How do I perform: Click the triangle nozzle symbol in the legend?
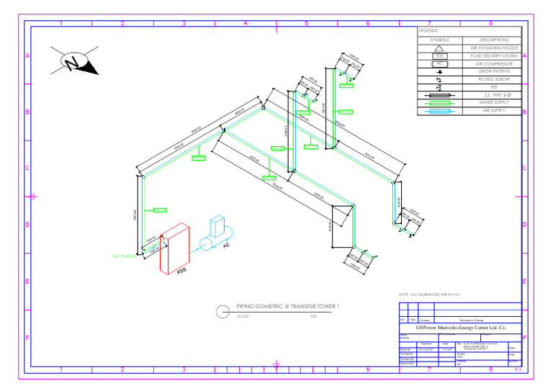click(440, 48)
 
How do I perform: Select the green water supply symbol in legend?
click(440, 102)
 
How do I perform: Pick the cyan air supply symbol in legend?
click(440, 111)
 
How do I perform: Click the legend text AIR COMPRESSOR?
click(493, 63)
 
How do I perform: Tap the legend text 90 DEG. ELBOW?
click(493, 79)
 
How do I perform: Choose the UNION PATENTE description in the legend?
click(493, 71)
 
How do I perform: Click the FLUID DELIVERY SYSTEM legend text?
click(493, 55)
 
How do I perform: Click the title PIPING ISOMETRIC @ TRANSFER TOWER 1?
click(277, 307)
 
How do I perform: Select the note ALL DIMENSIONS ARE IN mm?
click(432, 295)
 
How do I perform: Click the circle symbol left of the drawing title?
click(223, 311)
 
